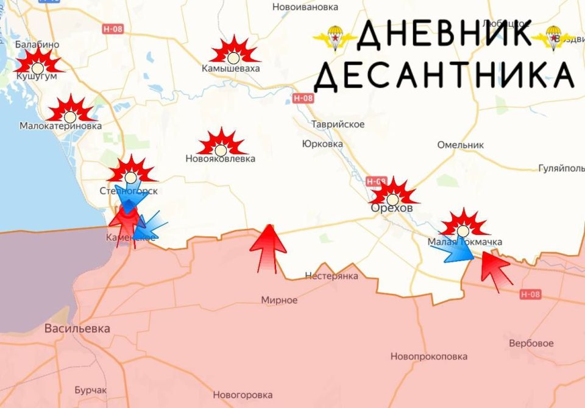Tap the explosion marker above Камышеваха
point(233,51)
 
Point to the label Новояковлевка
point(220,159)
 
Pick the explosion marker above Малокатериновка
point(70,110)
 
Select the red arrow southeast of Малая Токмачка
point(495,270)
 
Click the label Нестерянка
point(331,276)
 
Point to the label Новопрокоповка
point(429,356)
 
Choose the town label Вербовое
point(531,343)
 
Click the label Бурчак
point(90,390)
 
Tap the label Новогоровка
point(243,395)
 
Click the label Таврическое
point(338,124)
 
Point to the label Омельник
point(460,145)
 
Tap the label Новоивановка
point(305,7)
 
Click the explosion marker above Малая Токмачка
point(463,225)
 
